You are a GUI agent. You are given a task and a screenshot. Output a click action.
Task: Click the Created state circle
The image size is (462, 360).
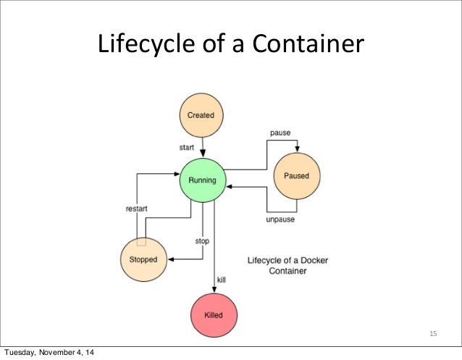point(201,115)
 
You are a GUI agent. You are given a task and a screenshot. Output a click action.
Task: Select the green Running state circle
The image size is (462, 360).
point(202,180)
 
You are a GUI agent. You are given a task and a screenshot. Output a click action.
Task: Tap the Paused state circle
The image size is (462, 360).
point(296,176)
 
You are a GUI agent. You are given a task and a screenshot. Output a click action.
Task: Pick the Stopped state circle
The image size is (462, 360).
point(143,259)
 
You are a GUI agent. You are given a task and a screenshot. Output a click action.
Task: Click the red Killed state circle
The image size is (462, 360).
point(213,316)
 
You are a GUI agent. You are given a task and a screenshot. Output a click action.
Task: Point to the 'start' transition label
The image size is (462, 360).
point(187,147)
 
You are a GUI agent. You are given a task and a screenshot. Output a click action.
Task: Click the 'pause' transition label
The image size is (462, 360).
point(281,133)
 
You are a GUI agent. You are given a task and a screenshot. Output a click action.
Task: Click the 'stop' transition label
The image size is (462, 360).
point(202,240)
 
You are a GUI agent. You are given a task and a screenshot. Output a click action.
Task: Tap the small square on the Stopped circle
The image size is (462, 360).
point(142,241)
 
